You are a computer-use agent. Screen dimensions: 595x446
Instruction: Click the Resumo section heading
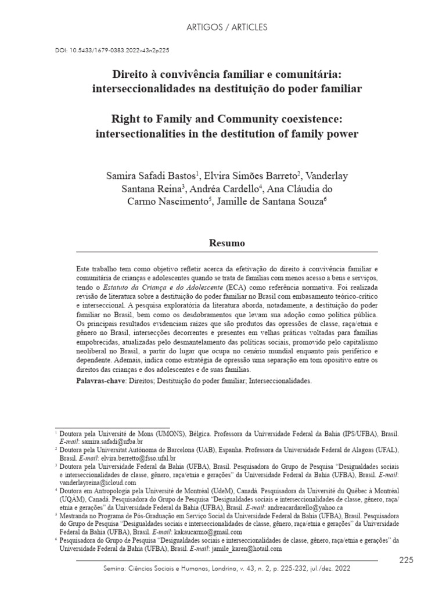coord(227,243)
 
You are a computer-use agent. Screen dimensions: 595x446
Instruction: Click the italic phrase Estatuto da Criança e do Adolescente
coord(160,286)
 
